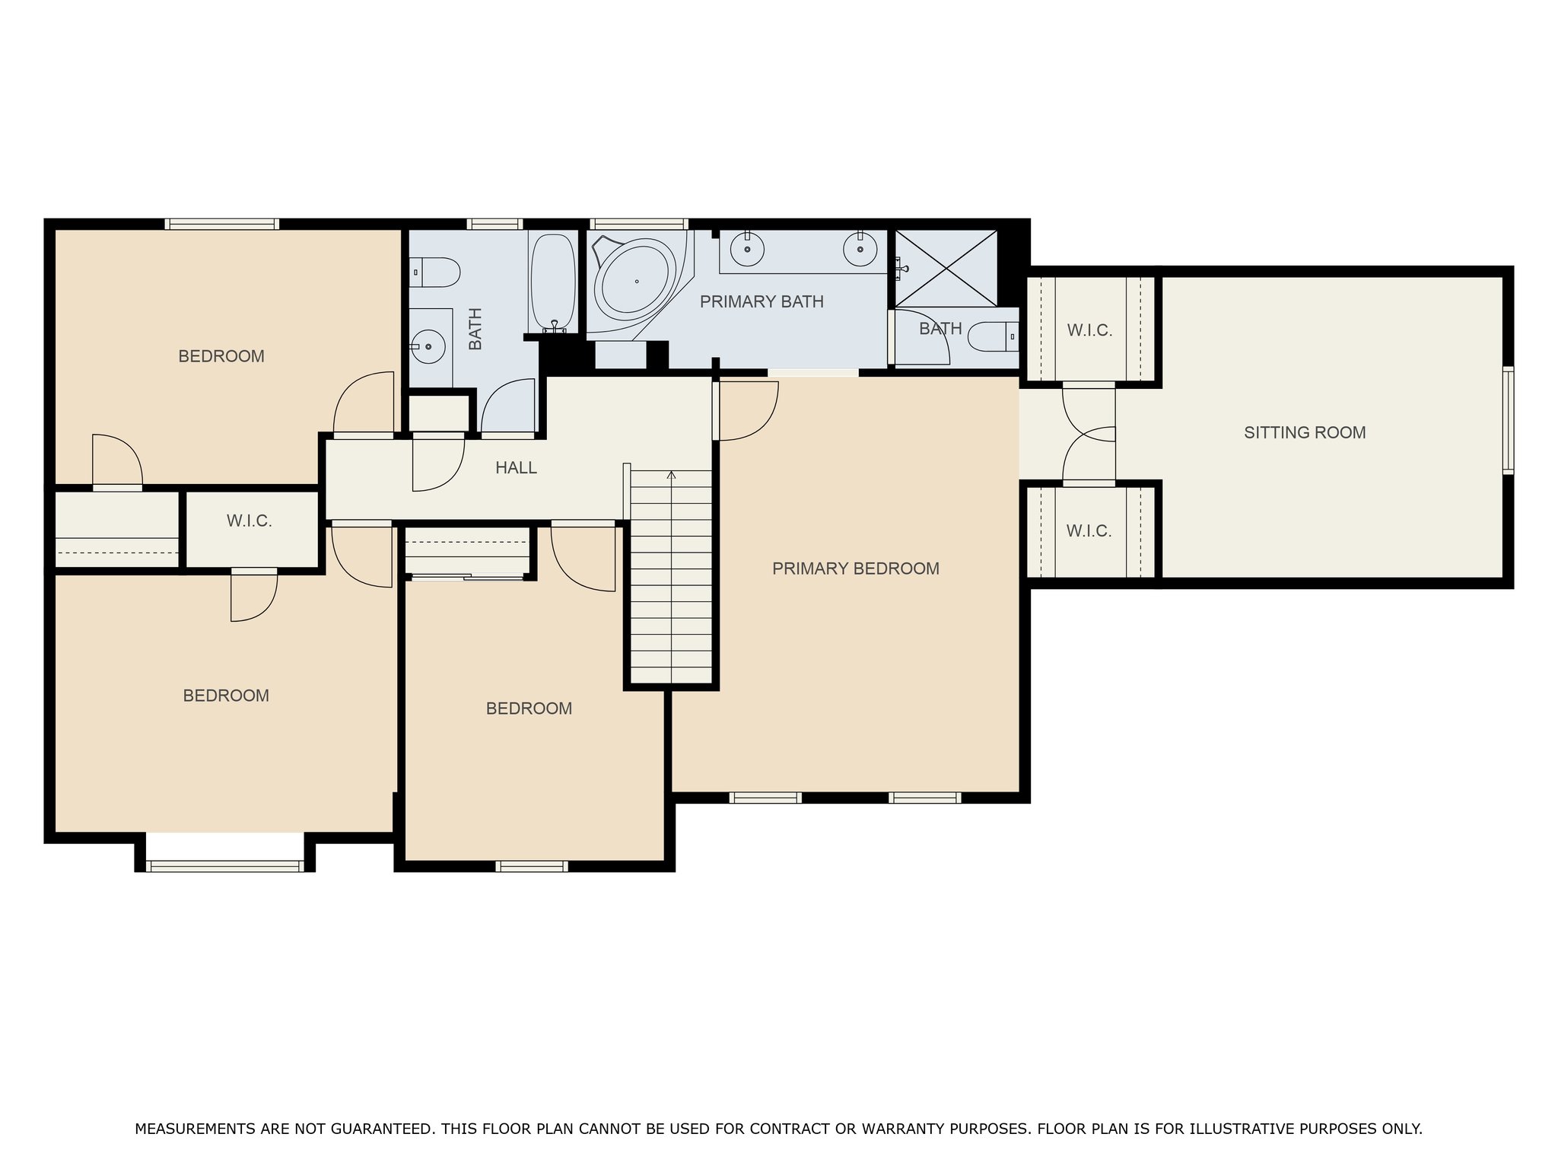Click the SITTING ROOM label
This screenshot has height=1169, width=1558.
(1305, 433)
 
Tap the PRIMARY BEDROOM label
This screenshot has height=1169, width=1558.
(856, 569)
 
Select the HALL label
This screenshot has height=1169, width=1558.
(517, 468)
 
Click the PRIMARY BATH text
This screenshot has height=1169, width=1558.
(762, 302)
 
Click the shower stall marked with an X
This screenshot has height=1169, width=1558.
(946, 268)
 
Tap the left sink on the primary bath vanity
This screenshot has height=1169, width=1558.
(749, 249)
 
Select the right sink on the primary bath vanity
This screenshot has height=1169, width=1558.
(860, 249)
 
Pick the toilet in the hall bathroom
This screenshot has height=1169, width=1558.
(435, 272)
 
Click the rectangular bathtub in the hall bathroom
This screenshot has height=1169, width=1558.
(553, 282)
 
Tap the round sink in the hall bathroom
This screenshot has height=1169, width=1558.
(430, 346)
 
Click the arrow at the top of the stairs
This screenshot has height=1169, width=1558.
(671, 476)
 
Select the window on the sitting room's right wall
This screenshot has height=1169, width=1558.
(1509, 420)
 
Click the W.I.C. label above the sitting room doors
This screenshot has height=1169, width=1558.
(1089, 331)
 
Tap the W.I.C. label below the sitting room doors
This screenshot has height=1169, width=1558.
(1089, 531)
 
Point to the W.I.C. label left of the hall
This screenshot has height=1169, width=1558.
(250, 521)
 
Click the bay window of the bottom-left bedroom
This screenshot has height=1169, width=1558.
(224, 865)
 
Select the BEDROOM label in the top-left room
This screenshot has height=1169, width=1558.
(221, 356)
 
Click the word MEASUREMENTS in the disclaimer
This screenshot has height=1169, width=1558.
(196, 1129)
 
